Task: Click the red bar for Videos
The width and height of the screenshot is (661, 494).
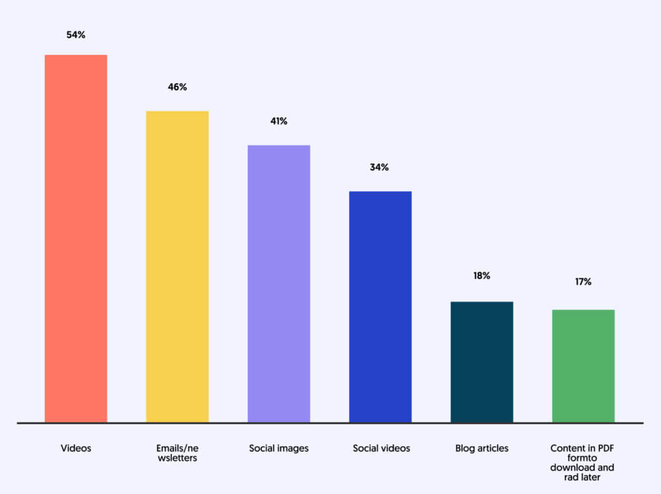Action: click(x=76, y=239)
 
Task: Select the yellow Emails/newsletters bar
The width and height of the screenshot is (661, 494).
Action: click(x=177, y=267)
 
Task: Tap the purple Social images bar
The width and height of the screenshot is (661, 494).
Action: click(x=279, y=284)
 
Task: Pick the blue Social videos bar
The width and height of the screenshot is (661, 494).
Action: click(x=380, y=307)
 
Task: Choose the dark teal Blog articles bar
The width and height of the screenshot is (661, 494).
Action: click(x=482, y=362)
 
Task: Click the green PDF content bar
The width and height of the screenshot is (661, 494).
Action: click(x=583, y=366)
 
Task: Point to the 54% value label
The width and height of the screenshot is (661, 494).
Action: click(x=76, y=35)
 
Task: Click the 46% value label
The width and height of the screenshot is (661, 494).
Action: click(x=177, y=87)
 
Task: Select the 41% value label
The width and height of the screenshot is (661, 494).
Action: click(x=279, y=121)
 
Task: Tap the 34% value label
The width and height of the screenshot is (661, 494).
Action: click(x=380, y=167)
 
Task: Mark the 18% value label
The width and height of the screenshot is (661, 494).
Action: click(x=482, y=276)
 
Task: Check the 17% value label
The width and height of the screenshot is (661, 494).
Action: click(x=583, y=282)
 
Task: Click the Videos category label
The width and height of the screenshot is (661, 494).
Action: click(x=76, y=448)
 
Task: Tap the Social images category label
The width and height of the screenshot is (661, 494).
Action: click(x=279, y=448)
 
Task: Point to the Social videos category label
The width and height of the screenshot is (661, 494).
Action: click(x=380, y=448)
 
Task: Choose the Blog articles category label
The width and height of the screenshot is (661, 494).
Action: click(x=482, y=448)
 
